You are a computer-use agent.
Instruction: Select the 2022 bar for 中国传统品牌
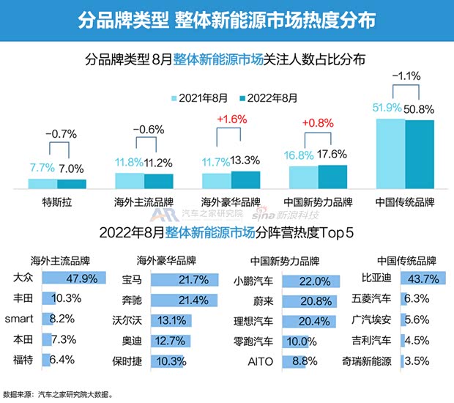pyautogui.click(x=420, y=153)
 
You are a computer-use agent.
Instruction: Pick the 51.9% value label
pyautogui.click(x=386, y=108)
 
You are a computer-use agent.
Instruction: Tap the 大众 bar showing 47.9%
pyautogui.click(x=74, y=278)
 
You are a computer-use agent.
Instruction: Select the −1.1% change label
pyautogui.click(x=405, y=75)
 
